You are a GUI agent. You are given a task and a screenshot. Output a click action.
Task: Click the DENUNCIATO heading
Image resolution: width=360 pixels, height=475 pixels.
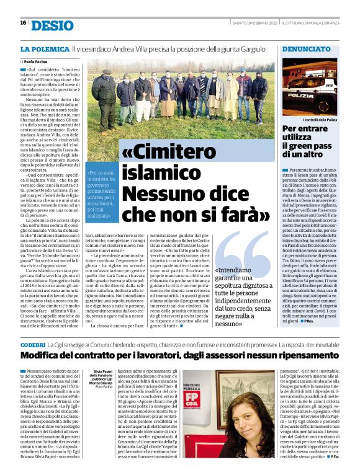coord(306,48)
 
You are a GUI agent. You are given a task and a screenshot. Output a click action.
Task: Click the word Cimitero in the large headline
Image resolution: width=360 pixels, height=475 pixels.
coord(186,153)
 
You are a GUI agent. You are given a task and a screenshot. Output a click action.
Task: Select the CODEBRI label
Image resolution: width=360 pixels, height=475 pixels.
coord(32,344)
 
